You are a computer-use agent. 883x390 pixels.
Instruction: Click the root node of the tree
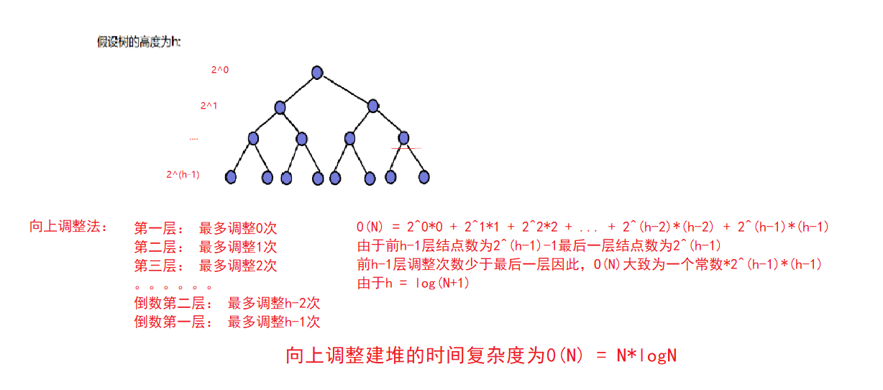[317, 72]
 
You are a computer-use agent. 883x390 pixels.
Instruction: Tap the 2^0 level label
[219, 70]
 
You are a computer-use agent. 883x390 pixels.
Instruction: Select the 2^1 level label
[209, 106]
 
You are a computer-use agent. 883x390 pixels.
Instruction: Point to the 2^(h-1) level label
[183, 174]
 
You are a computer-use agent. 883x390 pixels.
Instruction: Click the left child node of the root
[280, 107]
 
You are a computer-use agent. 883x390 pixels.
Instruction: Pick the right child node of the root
[372, 106]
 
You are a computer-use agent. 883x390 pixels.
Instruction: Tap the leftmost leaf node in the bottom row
[231, 176]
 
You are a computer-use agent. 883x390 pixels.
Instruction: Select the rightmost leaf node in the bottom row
[424, 176]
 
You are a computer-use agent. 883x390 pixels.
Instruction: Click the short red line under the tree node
[406, 148]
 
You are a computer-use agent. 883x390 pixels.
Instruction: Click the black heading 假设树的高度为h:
[139, 42]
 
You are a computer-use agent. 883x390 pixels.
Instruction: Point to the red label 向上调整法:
[68, 227]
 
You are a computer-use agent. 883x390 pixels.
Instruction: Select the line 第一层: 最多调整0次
[206, 229]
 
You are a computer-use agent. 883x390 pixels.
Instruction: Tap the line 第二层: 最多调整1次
[206, 248]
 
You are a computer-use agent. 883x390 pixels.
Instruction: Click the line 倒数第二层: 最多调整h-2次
[227, 304]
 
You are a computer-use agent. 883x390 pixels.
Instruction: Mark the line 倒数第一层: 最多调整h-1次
[227, 322]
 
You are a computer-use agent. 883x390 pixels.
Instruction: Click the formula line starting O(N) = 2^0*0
[593, 227]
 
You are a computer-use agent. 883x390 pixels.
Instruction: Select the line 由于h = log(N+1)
[413, 284]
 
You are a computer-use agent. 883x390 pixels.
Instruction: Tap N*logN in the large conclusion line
[646, 355]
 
